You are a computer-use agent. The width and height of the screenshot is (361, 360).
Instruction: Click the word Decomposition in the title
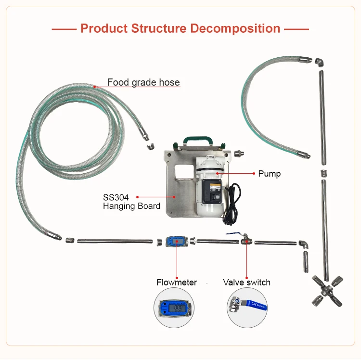[x=235, y=28]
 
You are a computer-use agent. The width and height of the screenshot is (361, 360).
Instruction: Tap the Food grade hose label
[x=143, y=82]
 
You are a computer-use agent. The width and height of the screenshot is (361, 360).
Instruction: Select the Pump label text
[x=270, y=173]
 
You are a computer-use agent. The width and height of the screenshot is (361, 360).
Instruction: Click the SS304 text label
[x=115, y=197]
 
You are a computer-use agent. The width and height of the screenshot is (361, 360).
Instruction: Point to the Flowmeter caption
[x=177, y=283]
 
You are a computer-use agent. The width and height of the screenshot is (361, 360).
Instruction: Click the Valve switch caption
[x=246, y=283]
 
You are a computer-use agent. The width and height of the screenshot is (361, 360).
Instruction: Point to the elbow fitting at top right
[x=320, y=63]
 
